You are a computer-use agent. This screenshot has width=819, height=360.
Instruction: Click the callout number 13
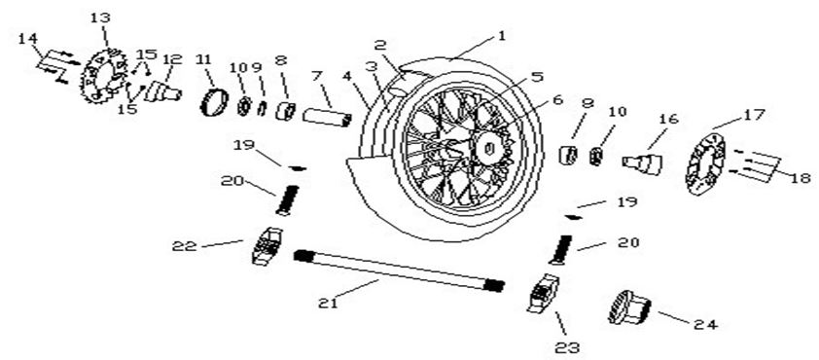click(x=100, y=18)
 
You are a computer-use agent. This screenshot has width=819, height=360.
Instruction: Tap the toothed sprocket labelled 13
click(x=103, y=76)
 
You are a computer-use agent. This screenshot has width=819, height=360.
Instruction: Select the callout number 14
click(x=28, y=39)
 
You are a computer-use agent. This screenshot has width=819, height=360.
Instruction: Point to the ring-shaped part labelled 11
click(x=215, y=102)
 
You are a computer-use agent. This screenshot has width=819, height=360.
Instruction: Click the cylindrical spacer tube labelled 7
click(x=328, y=117)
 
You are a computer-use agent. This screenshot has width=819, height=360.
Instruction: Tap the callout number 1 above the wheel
click(x=502, y=37)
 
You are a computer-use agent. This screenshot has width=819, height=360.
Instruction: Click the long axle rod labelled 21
click(x=399, y=270)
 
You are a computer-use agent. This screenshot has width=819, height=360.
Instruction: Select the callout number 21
click(x=329, y=303)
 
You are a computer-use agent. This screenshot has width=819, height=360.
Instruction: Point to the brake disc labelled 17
click(x=705, y=163)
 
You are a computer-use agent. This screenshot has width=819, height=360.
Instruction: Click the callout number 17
click(x=755, y=115)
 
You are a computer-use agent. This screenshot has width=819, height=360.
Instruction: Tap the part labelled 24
click(x=629, y=307)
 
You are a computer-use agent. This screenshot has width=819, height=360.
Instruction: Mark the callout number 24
click(x=706, y=324)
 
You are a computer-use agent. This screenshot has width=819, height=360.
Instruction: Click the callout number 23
click(x=567, y=347)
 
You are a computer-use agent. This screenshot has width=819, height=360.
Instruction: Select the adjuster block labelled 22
click(x=267, y=245)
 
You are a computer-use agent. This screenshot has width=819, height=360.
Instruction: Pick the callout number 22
click(x=185, y=245)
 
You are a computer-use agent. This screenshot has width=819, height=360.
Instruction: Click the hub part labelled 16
click(x=642, y=163)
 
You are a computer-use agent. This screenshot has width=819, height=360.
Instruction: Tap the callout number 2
click(x=379, y=46)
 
